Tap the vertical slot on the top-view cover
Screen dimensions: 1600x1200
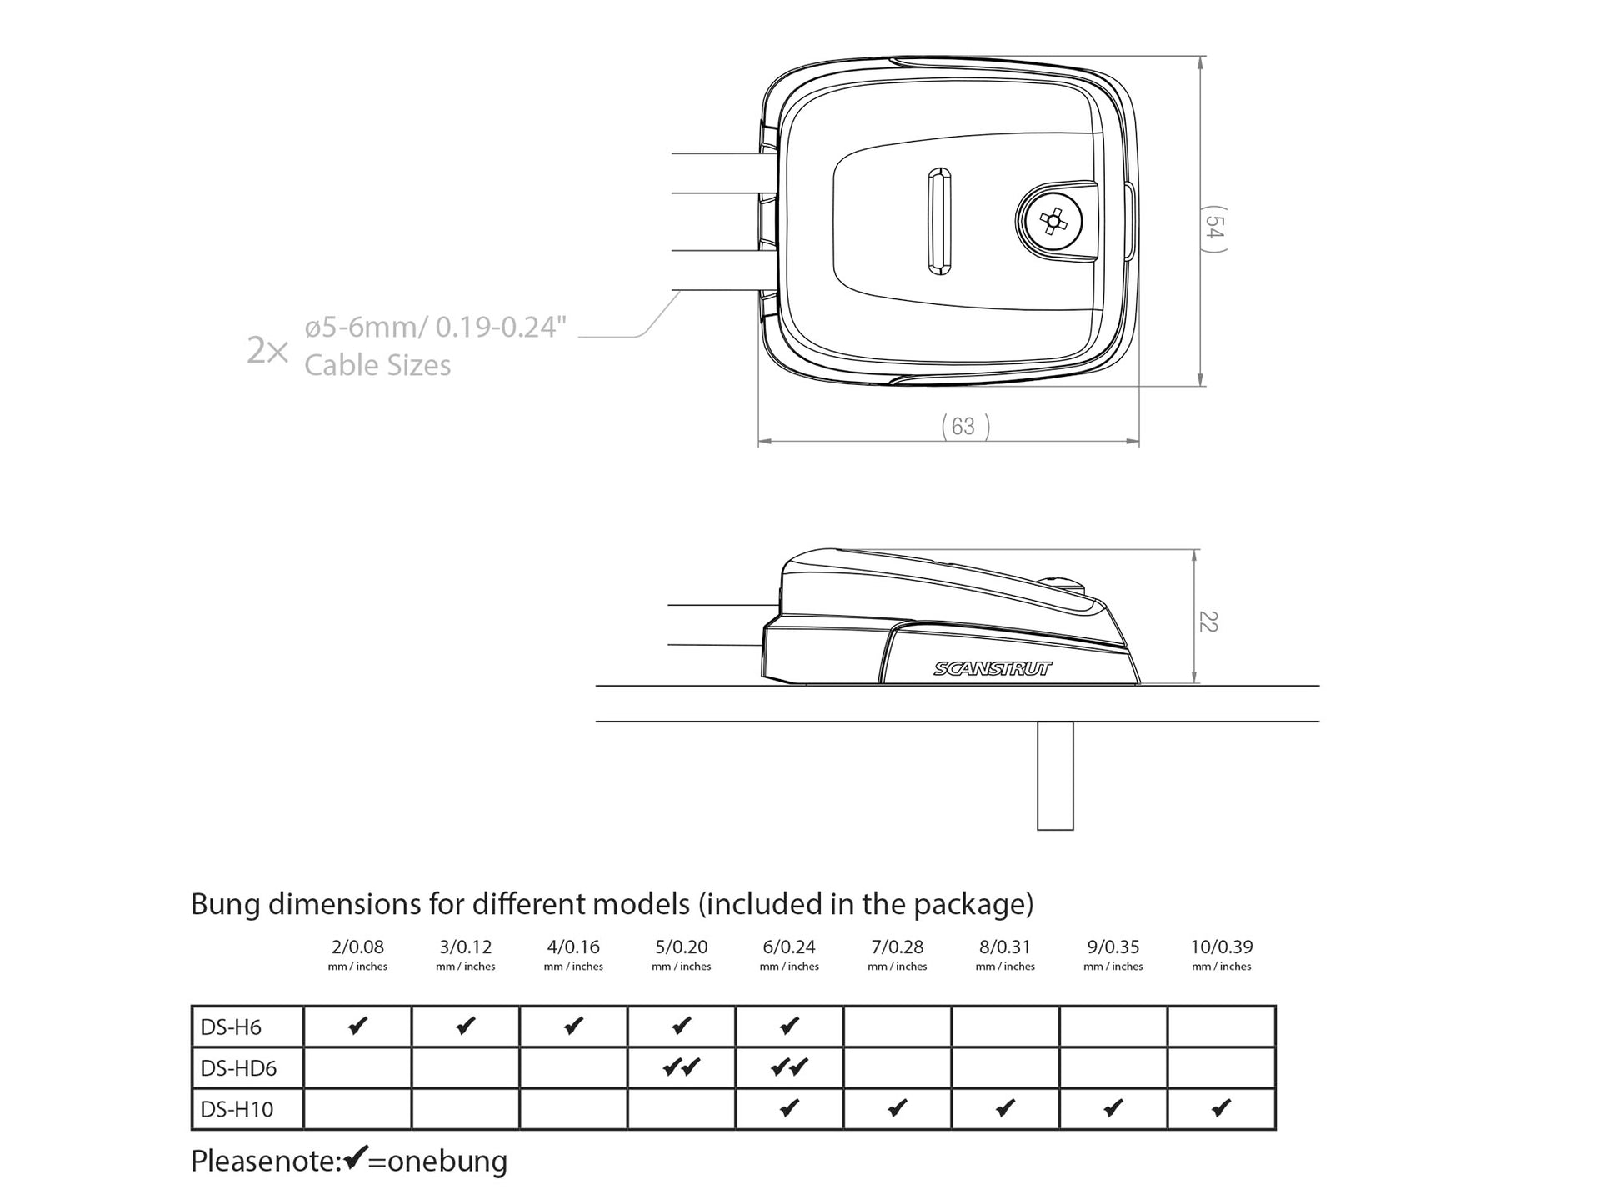(x=939, y=221)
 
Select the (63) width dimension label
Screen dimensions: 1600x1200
(x=965, y=427)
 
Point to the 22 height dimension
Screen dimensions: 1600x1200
(x=1208, y=622)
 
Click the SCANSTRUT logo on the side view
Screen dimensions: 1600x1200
(x=992, y=668)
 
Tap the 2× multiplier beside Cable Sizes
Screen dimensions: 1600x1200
(x=267, y=351)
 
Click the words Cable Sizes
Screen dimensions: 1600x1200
(x=377, y=365)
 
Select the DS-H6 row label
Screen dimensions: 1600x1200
(x=231, y=1027)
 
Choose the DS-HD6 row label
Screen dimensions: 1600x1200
(x=238, y=1068)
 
